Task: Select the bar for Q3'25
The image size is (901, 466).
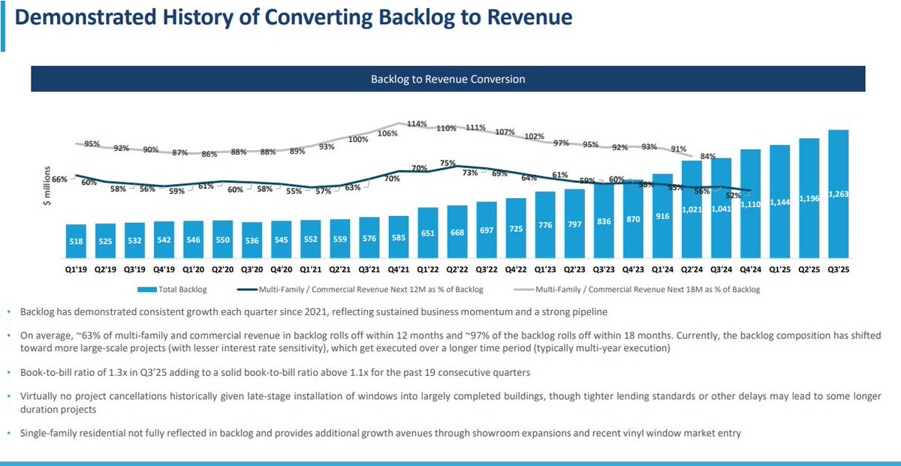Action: (839, 195)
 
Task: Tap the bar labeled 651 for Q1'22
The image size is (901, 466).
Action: (428, 233)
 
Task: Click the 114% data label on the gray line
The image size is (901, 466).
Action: (417, 124)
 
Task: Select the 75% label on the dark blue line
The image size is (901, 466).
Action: (447, 163)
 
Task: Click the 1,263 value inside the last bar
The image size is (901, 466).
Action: (839, 195)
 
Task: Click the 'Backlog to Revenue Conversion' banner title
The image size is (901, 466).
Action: (447, 79)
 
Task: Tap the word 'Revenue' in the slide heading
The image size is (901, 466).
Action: (522, 18)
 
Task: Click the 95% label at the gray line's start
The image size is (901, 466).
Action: (92, 143)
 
